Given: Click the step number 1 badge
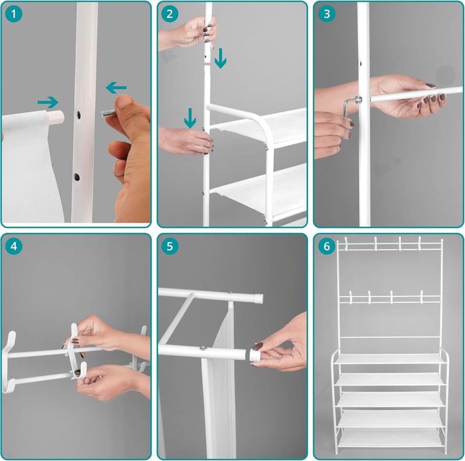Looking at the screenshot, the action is [13, 13].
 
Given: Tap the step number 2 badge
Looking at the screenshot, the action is [170, 13].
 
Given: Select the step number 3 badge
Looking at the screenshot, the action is [327, 13].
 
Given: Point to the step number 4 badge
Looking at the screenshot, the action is [13, 246].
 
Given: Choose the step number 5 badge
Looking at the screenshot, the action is [170, 246].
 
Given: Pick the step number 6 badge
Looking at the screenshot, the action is [327, 246].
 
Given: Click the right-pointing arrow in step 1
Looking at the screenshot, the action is [48, 102].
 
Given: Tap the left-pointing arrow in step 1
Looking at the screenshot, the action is [116, 88].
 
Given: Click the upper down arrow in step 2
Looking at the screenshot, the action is [220, 59].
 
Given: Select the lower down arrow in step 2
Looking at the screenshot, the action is [190, 118].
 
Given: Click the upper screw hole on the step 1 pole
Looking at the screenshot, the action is [79, 115].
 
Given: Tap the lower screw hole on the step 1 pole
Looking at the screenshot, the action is [77, 177].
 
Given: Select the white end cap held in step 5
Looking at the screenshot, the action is [255, 355].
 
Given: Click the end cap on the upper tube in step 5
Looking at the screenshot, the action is [258, 298].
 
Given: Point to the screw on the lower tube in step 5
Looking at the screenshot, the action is [203, 348].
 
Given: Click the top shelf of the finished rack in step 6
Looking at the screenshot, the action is [389, 359].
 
